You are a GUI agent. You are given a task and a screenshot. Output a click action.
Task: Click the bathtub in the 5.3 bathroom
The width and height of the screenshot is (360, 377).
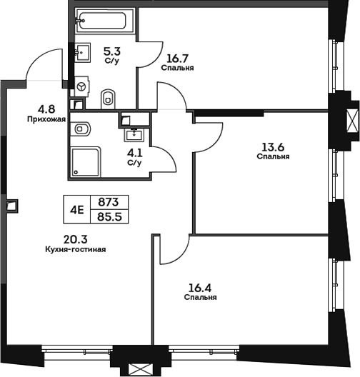105,21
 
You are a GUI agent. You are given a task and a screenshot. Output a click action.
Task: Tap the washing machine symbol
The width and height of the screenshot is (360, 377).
82,87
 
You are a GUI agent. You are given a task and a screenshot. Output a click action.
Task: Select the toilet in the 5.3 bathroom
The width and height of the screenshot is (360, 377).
109,99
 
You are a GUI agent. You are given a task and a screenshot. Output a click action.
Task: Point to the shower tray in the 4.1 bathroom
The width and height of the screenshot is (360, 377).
85,162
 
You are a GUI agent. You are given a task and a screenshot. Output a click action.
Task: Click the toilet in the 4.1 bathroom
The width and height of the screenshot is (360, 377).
81,129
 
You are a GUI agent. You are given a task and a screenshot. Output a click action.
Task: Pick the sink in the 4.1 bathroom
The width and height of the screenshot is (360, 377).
134,135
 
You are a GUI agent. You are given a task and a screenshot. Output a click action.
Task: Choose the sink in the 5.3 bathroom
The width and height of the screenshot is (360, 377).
82,52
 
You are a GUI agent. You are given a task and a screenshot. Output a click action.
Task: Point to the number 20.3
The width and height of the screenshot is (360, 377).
76,239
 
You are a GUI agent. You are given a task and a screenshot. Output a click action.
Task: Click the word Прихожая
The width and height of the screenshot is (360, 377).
46,119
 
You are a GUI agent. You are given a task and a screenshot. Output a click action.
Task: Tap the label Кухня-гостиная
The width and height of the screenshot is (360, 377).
76,250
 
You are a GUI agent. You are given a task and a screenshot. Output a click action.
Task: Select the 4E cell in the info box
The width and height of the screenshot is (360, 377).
77,210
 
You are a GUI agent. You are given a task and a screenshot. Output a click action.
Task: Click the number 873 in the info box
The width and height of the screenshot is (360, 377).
109,202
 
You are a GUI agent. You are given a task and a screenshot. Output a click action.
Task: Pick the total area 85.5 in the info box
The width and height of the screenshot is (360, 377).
110,217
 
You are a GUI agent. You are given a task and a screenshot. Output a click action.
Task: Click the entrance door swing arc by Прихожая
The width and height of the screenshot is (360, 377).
37,56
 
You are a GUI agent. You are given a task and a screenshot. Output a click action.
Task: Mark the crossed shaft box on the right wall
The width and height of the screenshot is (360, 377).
353,121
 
